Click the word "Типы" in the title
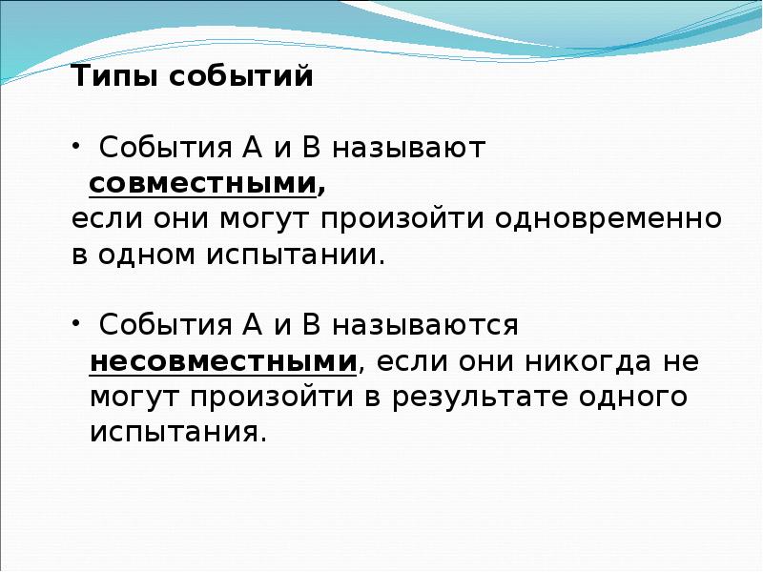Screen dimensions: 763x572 114,76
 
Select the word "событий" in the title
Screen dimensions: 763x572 241,76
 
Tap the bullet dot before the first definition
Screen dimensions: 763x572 76,146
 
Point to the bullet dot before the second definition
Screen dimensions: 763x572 76,323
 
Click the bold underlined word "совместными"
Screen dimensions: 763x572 203,184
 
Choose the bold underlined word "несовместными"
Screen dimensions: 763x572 223,362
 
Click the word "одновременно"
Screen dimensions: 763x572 608,218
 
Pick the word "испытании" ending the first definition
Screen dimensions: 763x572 291,254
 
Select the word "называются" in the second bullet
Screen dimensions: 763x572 425,325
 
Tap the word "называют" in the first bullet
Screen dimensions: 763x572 409,148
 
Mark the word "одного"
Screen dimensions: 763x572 633,397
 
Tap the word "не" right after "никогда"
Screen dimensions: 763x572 681,362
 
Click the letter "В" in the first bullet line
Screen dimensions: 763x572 312,147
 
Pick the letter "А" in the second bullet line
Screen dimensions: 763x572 252,324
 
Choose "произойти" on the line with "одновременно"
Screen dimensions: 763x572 402,218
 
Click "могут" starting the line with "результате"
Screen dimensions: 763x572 134,398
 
